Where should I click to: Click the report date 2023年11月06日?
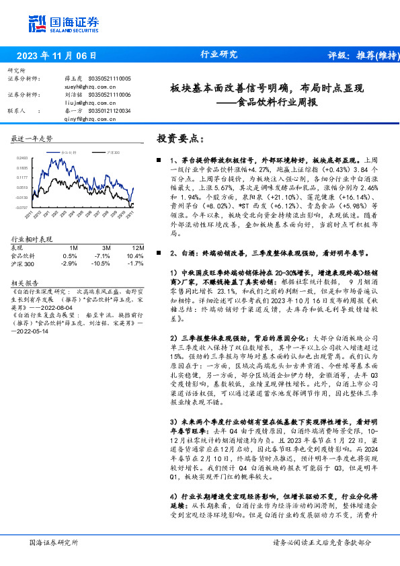tap(55, 55)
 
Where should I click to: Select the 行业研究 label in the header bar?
tap(219, 55)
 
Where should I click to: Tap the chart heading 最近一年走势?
tap(32, 138)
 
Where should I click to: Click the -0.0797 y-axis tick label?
tap(22, 208)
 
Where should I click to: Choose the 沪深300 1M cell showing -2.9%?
tap(69, 264)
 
